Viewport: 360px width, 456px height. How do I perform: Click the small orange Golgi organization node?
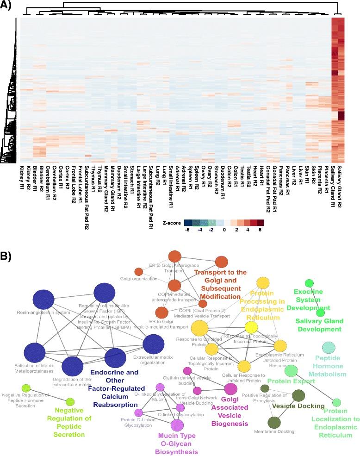coord(138,272)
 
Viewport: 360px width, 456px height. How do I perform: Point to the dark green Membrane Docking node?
coord(274,422)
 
